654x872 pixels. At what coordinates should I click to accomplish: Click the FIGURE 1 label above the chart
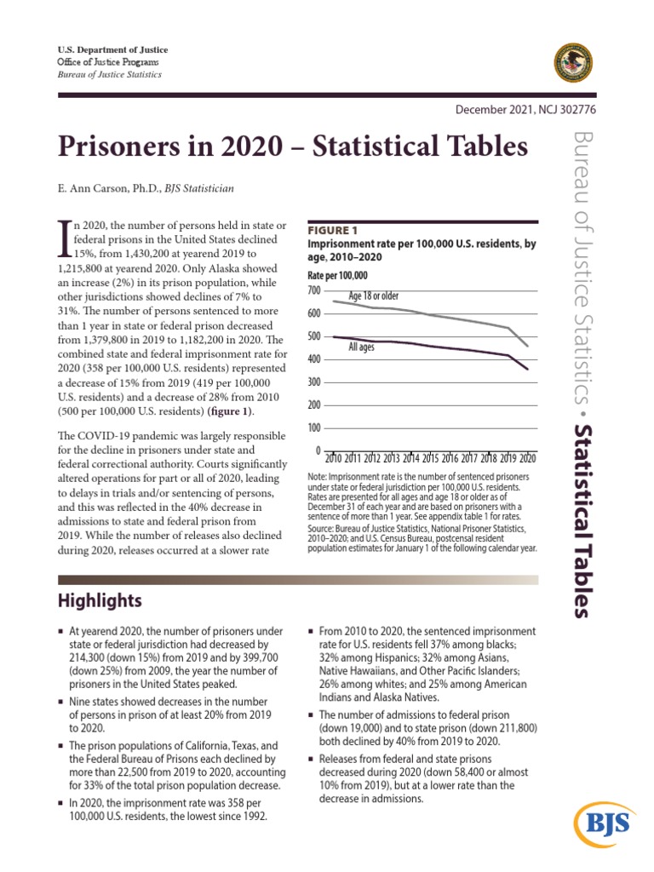coord(332,231)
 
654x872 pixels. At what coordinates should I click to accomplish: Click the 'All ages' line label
coord(362,347)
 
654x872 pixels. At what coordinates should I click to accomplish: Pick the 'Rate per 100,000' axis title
coord(336,276)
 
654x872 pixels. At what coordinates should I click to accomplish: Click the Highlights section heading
coord(100,601)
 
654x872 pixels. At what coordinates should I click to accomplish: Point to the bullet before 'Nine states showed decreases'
coord(61,700)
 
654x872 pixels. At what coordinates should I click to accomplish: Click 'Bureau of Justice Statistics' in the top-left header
coord(108,75)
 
